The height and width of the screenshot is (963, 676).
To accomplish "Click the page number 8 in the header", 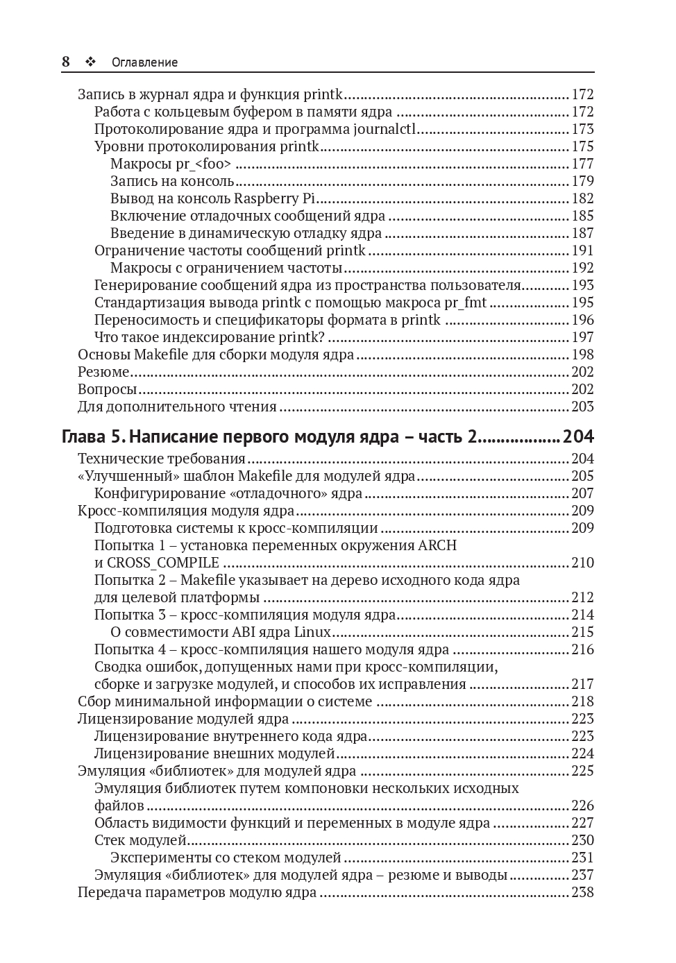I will click(66, 62).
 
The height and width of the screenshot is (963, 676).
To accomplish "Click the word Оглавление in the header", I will click(144, 62).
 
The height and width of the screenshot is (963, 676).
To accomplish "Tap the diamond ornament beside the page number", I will click(90, 62).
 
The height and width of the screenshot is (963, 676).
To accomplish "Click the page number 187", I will click(582, 233).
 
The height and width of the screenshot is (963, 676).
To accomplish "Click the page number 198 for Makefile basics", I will click(582, 355).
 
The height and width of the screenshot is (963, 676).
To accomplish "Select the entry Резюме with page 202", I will click(103, 372).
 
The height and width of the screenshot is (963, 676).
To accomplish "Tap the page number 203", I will click(582, 407).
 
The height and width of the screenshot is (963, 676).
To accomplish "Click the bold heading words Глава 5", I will click(93, 437).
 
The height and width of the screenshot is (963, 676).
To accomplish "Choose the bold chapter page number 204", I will click(578, 437).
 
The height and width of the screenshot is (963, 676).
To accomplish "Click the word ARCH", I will click(437, 545).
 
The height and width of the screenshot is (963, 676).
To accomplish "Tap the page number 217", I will click(582, 684).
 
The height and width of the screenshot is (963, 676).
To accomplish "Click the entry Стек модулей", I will click(141, 840).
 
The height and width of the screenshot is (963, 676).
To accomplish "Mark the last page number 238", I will click(582, 892).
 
